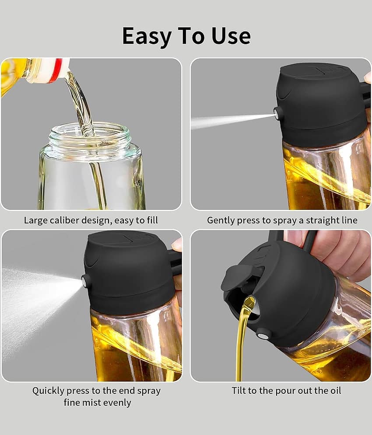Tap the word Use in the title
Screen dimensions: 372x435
click(231, 35)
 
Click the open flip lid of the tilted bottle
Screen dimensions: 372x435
click(237, 277)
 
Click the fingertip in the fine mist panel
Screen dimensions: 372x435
click(177, 245)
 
